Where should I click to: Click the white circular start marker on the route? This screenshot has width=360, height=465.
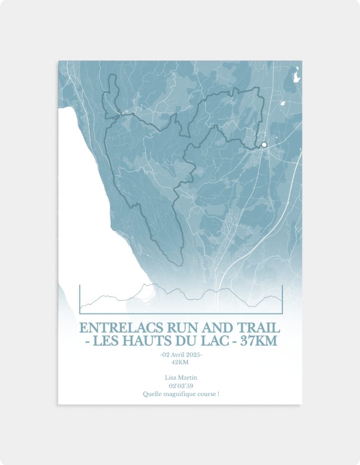[x=264, y=145]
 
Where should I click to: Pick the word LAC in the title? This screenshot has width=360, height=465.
[x=215, y=341]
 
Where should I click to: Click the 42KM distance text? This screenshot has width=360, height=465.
[x=180, y=362]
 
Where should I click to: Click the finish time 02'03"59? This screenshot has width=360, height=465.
[x=180, y=386]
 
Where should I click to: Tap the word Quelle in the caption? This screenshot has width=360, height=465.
[x=151, y=394]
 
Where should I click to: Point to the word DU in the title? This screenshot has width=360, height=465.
[x=186, y=341]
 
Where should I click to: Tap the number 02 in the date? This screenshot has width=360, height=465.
[x=166, y=355]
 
